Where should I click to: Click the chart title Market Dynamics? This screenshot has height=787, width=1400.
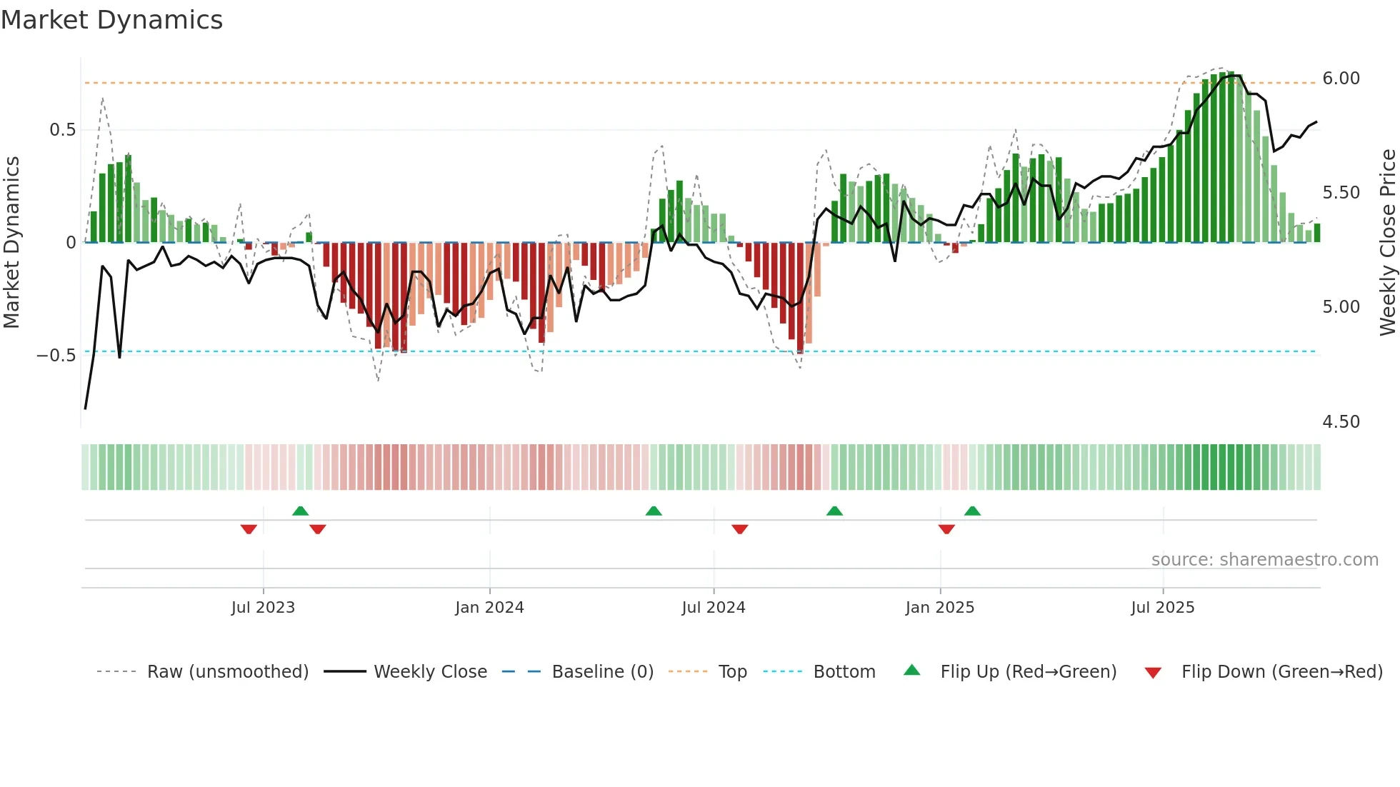111,20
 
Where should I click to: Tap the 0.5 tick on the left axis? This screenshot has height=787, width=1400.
62,130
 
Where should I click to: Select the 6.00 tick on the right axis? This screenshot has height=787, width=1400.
1341,79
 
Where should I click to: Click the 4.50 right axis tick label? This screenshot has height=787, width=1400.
1341,422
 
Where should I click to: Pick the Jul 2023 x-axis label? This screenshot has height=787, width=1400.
263,608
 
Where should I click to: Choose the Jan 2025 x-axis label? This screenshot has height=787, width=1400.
939,608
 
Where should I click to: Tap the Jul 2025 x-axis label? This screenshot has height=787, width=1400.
1162,608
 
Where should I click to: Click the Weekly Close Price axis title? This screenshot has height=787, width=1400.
1387,243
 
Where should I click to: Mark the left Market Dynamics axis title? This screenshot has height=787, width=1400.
11,243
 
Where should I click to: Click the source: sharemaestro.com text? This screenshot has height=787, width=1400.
1264,560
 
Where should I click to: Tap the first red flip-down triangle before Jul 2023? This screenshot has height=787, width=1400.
249,529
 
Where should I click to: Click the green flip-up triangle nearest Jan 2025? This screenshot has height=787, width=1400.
972,511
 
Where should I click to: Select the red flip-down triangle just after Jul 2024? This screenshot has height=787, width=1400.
740,529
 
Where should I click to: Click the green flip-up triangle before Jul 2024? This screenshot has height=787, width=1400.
654,511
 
